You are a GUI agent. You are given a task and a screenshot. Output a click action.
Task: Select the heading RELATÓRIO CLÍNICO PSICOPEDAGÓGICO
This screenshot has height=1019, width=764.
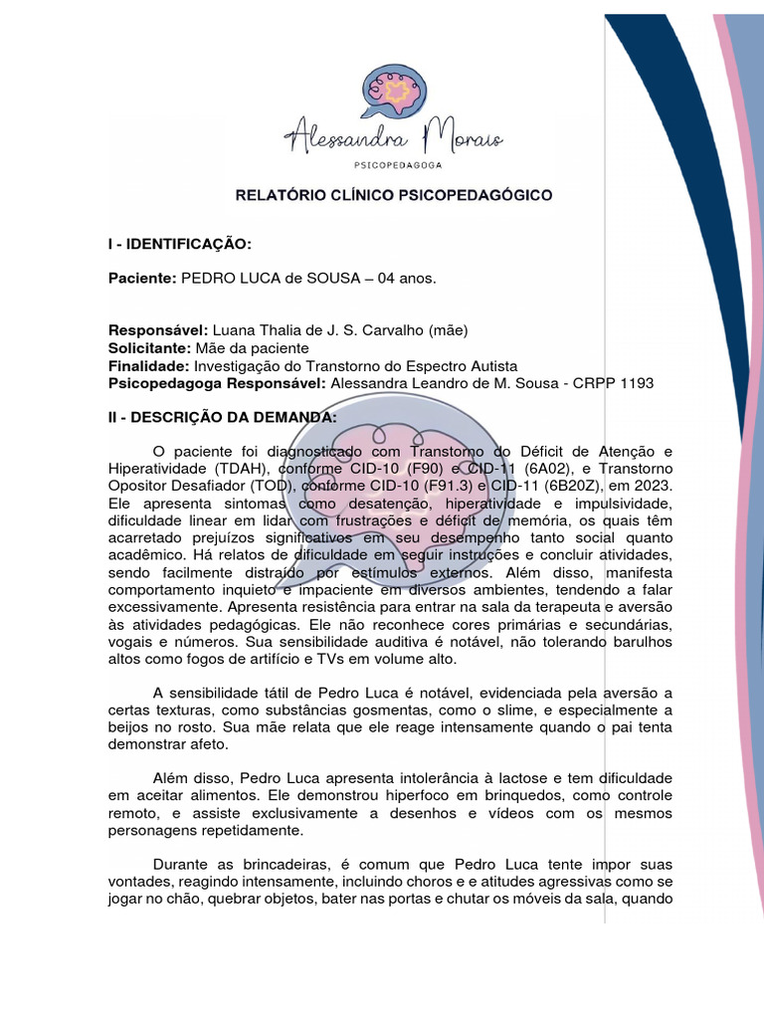click(x=393, y=196)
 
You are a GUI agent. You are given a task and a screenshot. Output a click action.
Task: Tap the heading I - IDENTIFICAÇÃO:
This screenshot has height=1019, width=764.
click(x=179, y=245)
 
